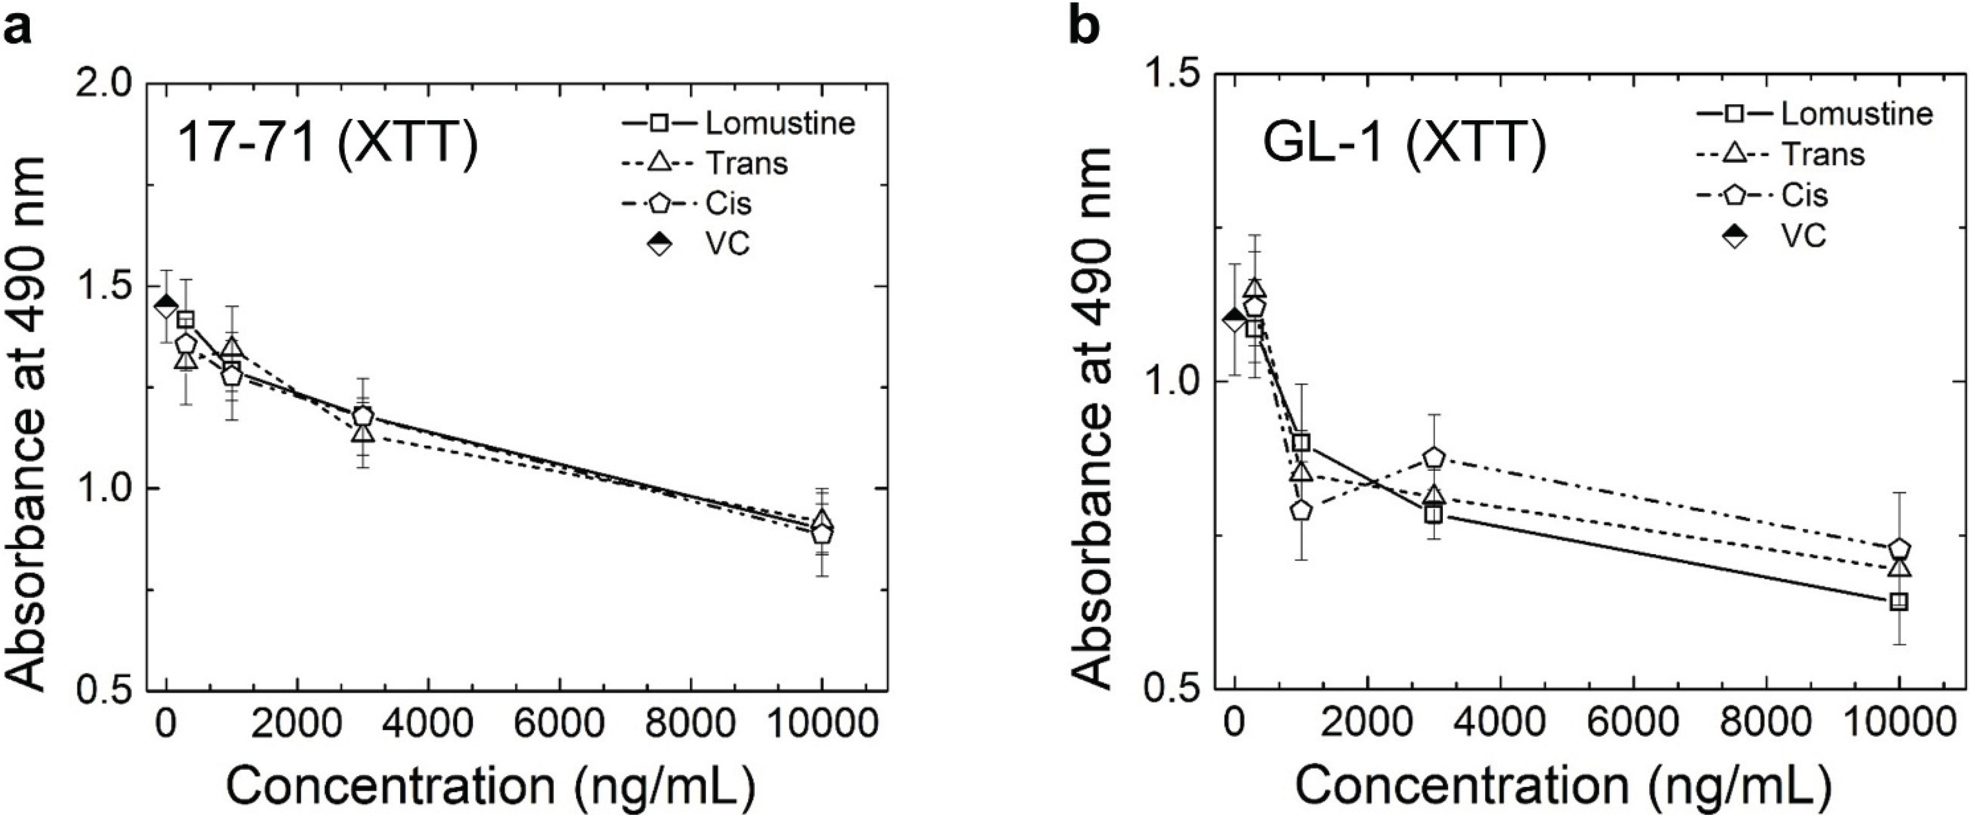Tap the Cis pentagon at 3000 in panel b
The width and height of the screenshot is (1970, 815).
point(1433,458)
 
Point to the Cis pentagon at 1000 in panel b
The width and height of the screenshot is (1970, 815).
point(1301,511)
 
